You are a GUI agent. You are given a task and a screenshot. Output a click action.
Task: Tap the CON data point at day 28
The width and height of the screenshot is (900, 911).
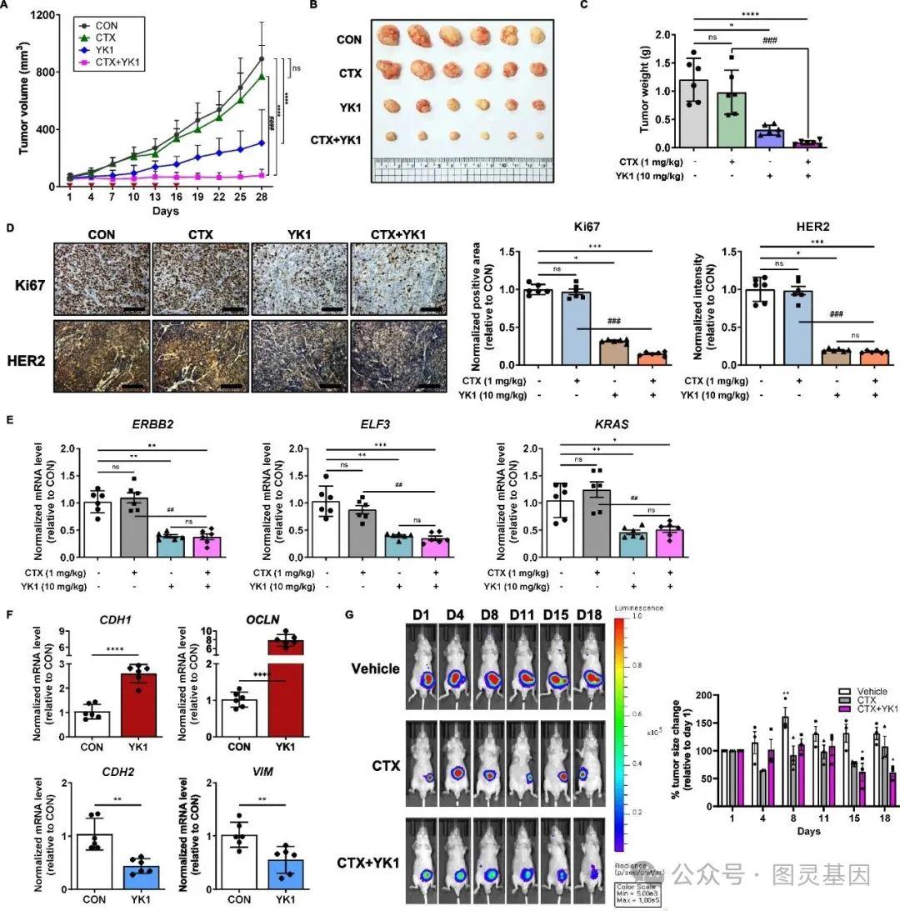(x=262, y=59)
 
